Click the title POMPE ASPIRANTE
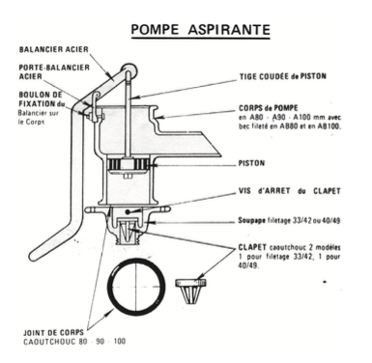[200, 30]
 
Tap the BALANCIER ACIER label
[53, 49]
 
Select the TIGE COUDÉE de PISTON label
[283, 76]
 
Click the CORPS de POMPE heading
[269, 108]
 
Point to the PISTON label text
[251, 163]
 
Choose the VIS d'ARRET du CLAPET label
[289, 191]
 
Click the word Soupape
[252, 221]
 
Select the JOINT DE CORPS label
[53, 332]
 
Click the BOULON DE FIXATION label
[42, 99]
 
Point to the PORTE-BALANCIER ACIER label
[54, 71]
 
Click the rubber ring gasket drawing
[135, 287]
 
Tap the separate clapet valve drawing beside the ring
[190, 292]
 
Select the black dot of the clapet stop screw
[128, 211]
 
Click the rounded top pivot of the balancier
[129, 70]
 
